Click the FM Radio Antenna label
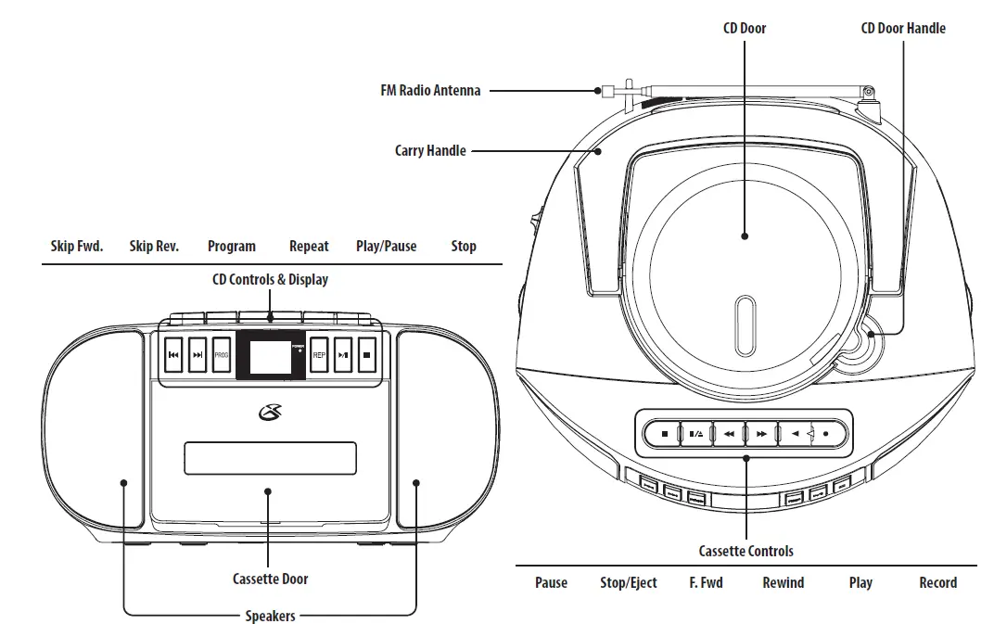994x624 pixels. tap(430, 91)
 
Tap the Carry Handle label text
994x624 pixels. tap(430, 150)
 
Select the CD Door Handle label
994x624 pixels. tap(902, 29)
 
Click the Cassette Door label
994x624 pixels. tap(270, 579)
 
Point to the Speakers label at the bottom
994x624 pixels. tap(270, 616)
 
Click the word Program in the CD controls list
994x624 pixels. tap(231, 247)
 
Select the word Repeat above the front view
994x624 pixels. tap(309, 247)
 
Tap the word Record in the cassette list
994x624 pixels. tap(937, 583)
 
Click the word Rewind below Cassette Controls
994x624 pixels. tap(783, 583)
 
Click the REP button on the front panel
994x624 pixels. tap(319, 355)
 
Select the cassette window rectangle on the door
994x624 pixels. tap(270, 458)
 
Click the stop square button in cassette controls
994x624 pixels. tap(664, 433)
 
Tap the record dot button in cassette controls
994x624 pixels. tap(826, 433)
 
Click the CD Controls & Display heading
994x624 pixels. tap(270, 279)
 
